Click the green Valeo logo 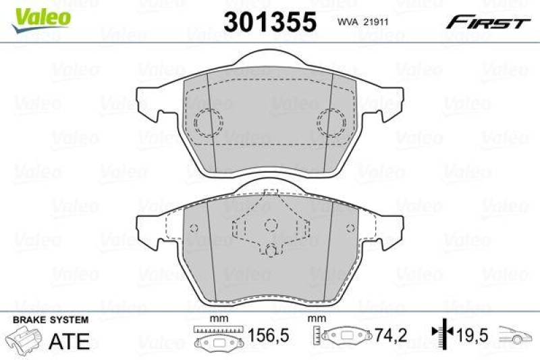tap(40, 14)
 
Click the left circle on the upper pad tap(207, 123)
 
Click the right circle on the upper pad tap(331, 123)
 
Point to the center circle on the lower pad tap(269, 226)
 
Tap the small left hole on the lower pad tap(194, 227)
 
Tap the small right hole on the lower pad tap(348, 227)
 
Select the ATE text tap(69, 340)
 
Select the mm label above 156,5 tap(216, 317)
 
